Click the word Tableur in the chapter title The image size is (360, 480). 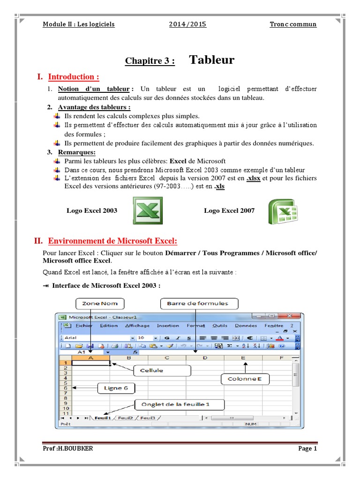point(212,60)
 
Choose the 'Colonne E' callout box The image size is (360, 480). point(245,378)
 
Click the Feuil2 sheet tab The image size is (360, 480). point(125,417)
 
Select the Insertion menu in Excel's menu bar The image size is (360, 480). point(168,326)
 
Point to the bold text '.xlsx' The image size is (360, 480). point(253,178)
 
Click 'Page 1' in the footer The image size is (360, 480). point(308,449)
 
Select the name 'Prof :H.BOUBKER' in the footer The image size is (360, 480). point(67,449)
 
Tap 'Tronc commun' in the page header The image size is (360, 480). point(293,24)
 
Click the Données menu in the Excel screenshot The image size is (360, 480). point(246,326)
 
